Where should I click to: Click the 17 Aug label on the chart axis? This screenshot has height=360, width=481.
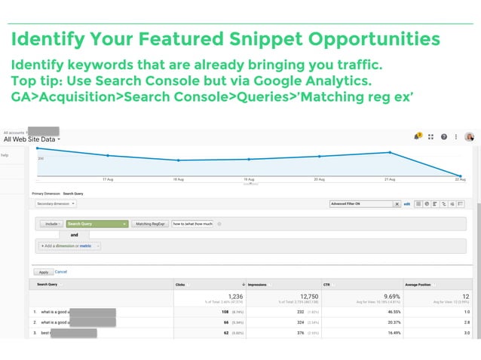[108, 180]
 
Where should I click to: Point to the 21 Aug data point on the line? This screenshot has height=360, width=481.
[389, 152]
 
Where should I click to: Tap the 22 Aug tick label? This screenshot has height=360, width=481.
[459, 180]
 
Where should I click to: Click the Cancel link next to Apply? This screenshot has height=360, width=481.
[61, 271]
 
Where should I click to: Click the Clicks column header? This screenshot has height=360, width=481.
[180, 284]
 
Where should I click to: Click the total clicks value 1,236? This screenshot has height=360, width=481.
[234, 296]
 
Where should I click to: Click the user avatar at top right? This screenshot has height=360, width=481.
[470, 137]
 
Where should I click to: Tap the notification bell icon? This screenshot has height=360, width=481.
[416, 137]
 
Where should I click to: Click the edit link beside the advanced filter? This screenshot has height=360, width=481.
[407, 203]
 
